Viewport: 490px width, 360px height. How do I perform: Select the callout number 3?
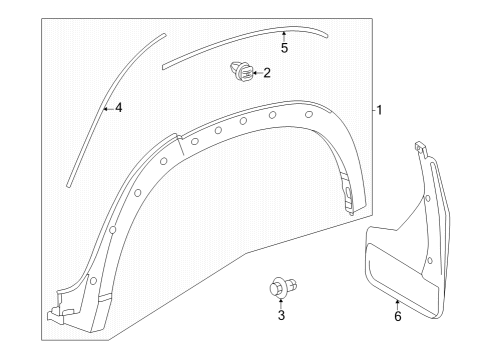(281, 315)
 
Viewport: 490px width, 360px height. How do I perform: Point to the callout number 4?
(118, 107)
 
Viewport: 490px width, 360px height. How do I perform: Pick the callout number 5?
(283, 48)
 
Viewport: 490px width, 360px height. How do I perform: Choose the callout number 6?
(397, 316)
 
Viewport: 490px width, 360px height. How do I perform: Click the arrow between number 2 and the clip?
(255, 72)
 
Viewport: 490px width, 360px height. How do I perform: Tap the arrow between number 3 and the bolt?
(281, 303)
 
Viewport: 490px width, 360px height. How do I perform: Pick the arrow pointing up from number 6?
(397, 303)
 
